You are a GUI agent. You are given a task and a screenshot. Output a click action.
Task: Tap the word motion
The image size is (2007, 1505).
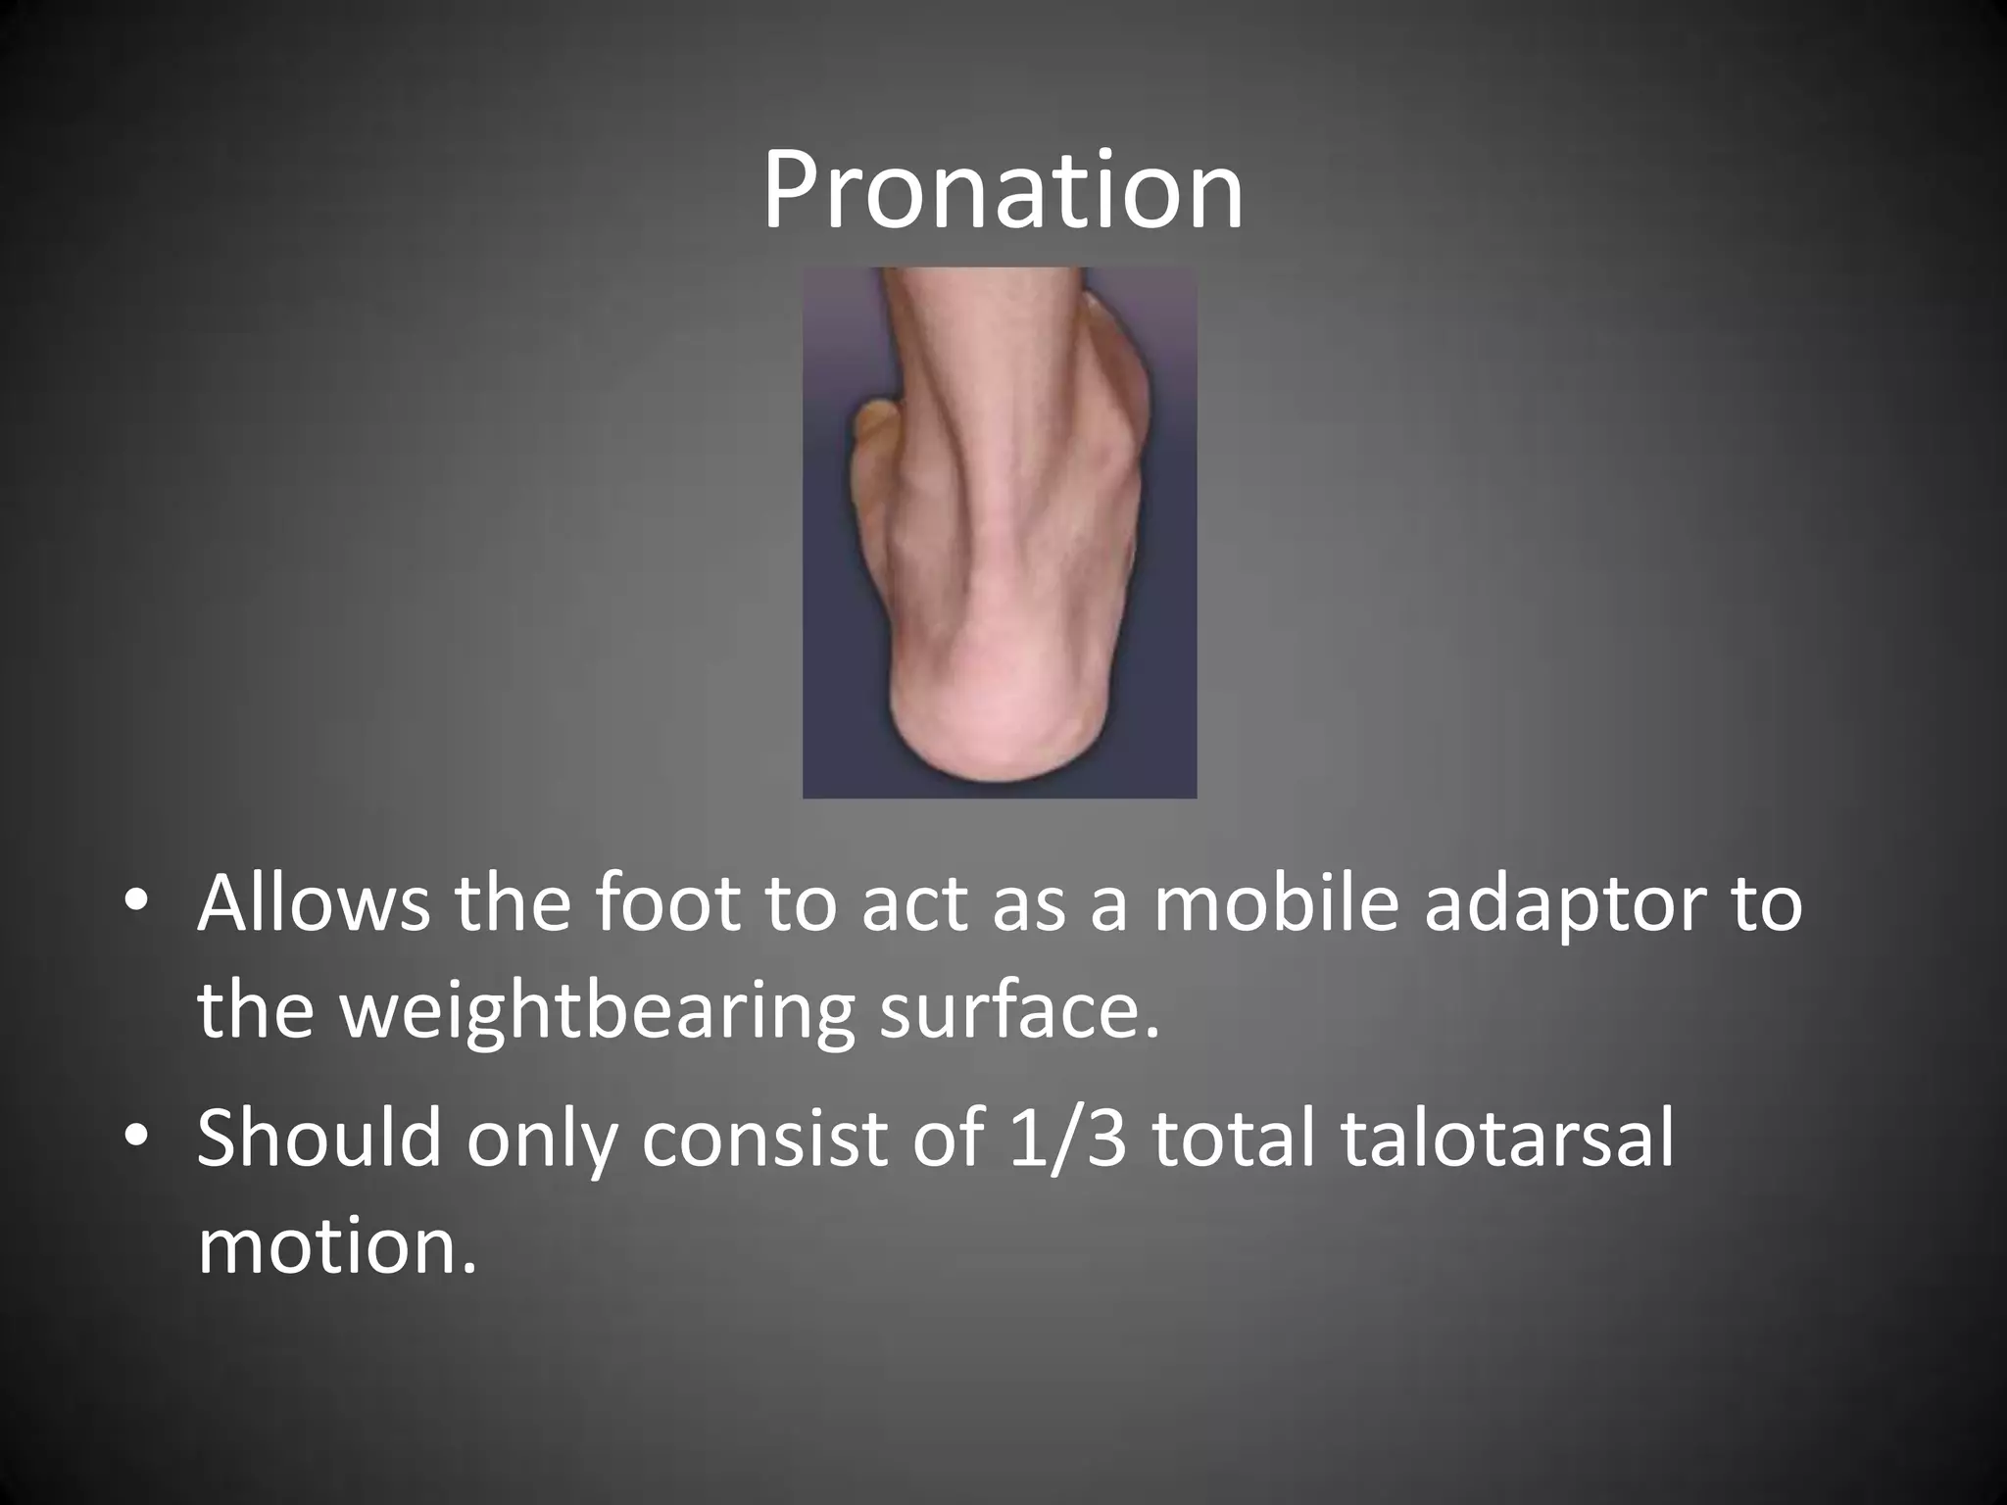click(336, 1246)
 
